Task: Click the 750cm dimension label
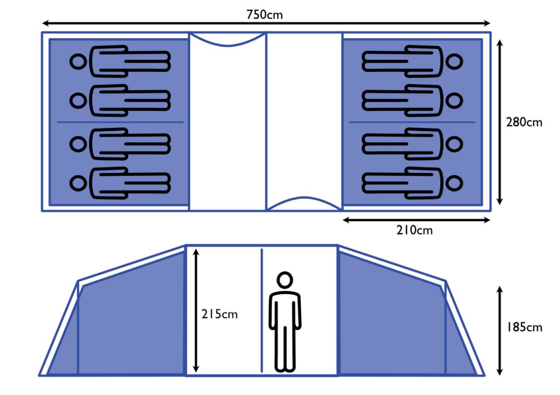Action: click(264, 15)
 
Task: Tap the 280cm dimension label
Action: click(524, 122)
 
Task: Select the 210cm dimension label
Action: click(414, 230)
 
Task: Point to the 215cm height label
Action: click(219, 314)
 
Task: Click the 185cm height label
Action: click(524, 327)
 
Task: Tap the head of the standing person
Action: click(285, 280)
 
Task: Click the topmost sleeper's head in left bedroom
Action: click(78, 61)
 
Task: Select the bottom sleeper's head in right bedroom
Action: click(454, 183)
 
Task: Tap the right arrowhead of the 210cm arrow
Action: click(487, 220)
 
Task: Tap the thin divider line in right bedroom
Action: click(412, 122)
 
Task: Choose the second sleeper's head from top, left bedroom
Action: click(78, 101)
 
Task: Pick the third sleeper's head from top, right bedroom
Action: click(454, 144)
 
